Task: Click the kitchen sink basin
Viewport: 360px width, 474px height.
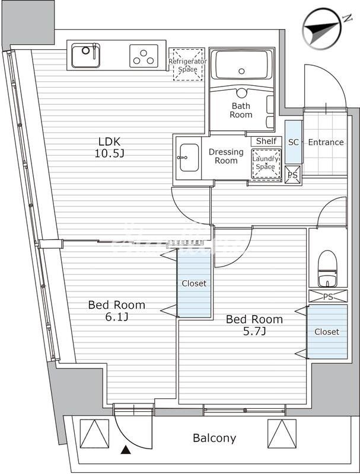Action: coord(86,56)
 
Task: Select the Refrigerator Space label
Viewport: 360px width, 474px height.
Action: coord(187,65)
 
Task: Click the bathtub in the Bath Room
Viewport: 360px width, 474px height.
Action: coord(242,65)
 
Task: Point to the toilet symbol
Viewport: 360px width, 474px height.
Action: coord(327,268)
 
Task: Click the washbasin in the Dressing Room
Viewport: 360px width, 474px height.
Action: coord(189,157)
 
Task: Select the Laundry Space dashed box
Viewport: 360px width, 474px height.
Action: coord(265,162)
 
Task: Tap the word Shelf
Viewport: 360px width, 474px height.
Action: coord(266,141)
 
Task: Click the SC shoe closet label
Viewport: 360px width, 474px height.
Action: coord(293,142)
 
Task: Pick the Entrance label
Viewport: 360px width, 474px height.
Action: coord(326,142)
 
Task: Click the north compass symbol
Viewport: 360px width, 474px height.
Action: coord(323,26)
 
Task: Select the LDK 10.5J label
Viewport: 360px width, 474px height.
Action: coord(111,148)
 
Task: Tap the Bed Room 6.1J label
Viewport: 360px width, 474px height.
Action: coord(116,310)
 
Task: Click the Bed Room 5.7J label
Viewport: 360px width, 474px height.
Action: coord(254,325)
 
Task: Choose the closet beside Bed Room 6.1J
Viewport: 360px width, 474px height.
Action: coord(194,283)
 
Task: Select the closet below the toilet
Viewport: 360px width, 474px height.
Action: coord(327,332)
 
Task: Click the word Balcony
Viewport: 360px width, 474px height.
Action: coord(214,438)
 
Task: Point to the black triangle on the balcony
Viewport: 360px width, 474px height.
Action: coord(125,451)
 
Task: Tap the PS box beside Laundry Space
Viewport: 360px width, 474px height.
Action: coord(293,175)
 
